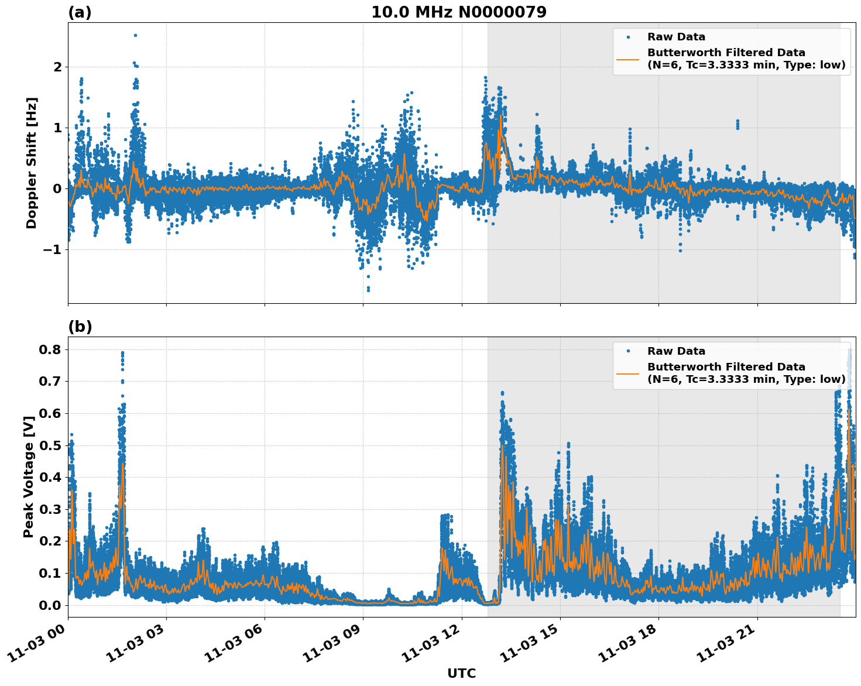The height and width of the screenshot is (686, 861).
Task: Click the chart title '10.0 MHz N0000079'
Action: pos(459,12)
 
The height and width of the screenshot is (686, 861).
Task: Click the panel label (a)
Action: pos(80,12)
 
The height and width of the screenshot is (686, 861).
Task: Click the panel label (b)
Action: pos(80,327)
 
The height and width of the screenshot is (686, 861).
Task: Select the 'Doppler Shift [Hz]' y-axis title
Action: pos(32,163)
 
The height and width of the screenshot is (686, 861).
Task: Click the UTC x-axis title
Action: pos(461,673)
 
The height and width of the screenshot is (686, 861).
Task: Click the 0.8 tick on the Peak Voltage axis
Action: pos(51,349)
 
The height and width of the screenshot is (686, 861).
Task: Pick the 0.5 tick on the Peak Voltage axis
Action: pos(51,445)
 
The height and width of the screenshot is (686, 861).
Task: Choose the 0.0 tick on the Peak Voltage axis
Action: pos(51,605)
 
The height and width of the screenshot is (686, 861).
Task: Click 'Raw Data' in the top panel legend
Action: pos(676,37)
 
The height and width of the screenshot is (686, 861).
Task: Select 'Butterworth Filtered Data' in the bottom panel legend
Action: pos(726,367)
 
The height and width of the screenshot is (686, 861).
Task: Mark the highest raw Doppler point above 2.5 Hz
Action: pos(135,35)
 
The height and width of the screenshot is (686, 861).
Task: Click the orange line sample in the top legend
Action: pos(628,59)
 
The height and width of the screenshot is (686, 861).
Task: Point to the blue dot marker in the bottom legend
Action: pos(628,351)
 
